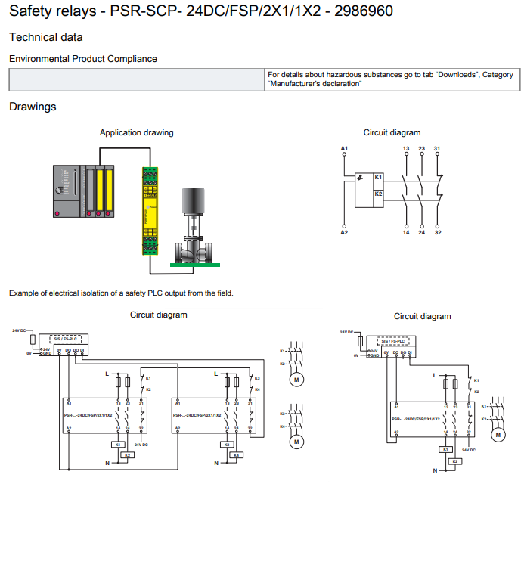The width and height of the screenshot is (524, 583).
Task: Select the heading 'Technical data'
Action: pyautogui.click(x=46, y=37)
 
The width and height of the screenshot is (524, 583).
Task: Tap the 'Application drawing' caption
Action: pyautogui.click(x=136, y=132)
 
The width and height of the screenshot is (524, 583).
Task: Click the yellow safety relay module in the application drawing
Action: pyautogui.click(x=148, y=211)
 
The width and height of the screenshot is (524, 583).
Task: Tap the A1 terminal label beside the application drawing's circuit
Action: pyautogui.click(x=344, y=147)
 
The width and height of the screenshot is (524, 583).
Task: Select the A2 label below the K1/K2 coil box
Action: pyautogui.click(x=344, y=232)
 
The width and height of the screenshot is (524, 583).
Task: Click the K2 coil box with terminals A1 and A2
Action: pyautogui.click(x=379, y=194)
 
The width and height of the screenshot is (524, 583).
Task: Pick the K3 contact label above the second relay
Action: pyautogui.click(x=257, y=378)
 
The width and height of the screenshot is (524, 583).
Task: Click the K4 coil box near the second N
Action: pyautogui.click(x=236, y=455)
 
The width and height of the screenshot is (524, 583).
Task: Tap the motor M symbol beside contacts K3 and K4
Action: pyautogui.click(x=296, y=441)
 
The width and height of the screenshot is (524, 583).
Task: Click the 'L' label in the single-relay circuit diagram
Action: pyautogui.click(x=434, y=375)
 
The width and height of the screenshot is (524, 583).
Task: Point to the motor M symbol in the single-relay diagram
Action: pyautogui.click(x=498, y=435)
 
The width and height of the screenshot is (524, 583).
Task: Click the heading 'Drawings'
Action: pyautogui.click(x=33, y=107)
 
